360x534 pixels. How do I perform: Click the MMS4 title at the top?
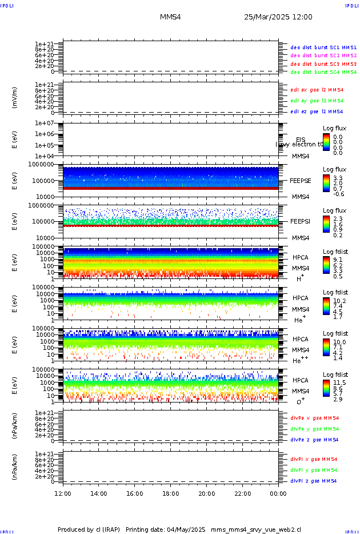tap(170, 17)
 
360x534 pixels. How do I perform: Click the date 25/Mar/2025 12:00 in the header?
tap(278, 17)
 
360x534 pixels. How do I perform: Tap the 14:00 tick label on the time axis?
tap(99, 493)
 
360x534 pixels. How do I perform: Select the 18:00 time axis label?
tap(170, 493)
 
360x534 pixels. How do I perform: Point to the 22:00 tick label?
tap(242, 493)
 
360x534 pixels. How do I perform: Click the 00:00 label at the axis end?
tap(278, 493)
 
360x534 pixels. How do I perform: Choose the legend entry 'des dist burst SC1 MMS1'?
tap(323, 47)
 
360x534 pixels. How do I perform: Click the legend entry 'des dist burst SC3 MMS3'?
tap(323, 64)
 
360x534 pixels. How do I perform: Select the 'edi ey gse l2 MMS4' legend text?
tap(317, 101)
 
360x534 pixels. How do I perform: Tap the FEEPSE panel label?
tap(301, 181)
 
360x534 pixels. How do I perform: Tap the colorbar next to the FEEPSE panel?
tap(326, 183)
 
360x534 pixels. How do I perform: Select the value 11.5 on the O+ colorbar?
tap(339, 382)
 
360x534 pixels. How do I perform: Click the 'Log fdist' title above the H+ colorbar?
tap(335, 252)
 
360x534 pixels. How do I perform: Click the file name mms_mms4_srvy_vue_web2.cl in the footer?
tap(256, 530)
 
